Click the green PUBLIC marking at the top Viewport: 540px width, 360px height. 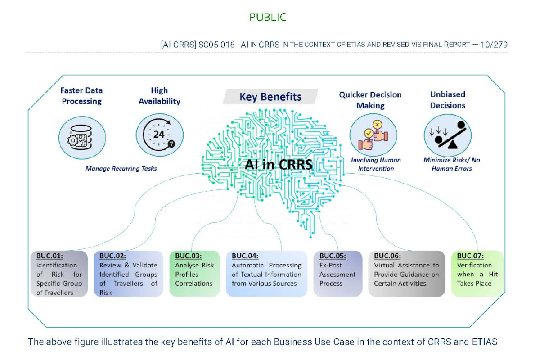point(268,17)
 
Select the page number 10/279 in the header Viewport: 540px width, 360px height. point(494,45)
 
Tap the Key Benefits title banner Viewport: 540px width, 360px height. point(270,96)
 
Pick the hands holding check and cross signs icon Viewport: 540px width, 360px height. point(373,135)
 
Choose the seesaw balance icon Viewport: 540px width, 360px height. point(448,135)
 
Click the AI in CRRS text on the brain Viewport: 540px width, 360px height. point(279,164)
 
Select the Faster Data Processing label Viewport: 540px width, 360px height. point(81,96)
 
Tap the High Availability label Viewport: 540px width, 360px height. point(160,96)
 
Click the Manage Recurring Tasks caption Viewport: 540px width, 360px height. point(121,168)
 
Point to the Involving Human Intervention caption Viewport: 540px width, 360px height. point(376,164)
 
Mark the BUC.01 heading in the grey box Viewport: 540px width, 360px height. point(49,256)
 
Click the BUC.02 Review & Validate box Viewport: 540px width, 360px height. point(128,274)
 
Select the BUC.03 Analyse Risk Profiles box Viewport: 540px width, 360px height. point(194,274)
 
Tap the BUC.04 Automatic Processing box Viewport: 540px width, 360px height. point(266,274)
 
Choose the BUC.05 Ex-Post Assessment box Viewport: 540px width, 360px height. point(338,274)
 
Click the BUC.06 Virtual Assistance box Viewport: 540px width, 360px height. point(407,274)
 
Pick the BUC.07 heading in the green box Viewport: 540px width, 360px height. point(470,256)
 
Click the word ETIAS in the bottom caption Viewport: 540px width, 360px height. point(485,342)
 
